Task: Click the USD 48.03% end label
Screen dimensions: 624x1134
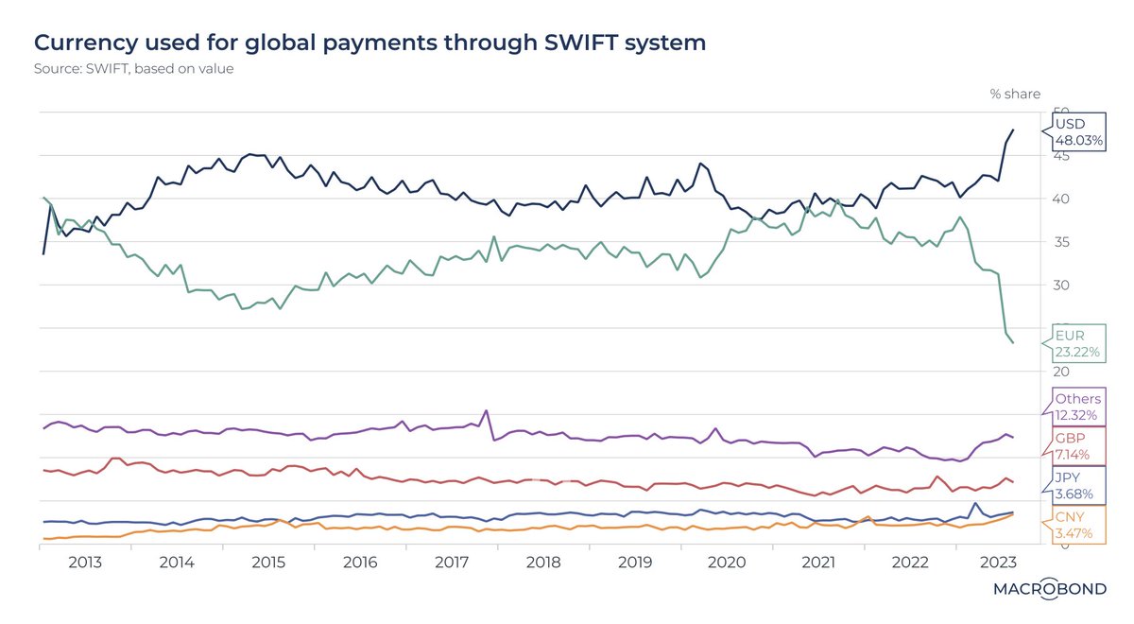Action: point(1078,132)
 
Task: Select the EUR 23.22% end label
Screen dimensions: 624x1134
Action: point(1078,343)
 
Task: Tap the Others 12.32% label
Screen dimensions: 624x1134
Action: point(1078,407)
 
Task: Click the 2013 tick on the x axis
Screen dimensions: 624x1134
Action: point(85,562)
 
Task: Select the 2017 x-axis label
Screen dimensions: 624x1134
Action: point(452,562)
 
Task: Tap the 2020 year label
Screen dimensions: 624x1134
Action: point(727,562)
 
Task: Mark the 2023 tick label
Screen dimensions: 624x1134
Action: point(1000,562)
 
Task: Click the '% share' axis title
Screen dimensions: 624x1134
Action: point(1014,94)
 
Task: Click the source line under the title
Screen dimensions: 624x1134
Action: point(134,69)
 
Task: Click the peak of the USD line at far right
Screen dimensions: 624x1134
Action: point(1013,130)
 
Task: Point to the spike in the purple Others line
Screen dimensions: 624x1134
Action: point(486,410)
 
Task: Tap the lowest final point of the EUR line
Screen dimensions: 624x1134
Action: point(1013,342)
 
